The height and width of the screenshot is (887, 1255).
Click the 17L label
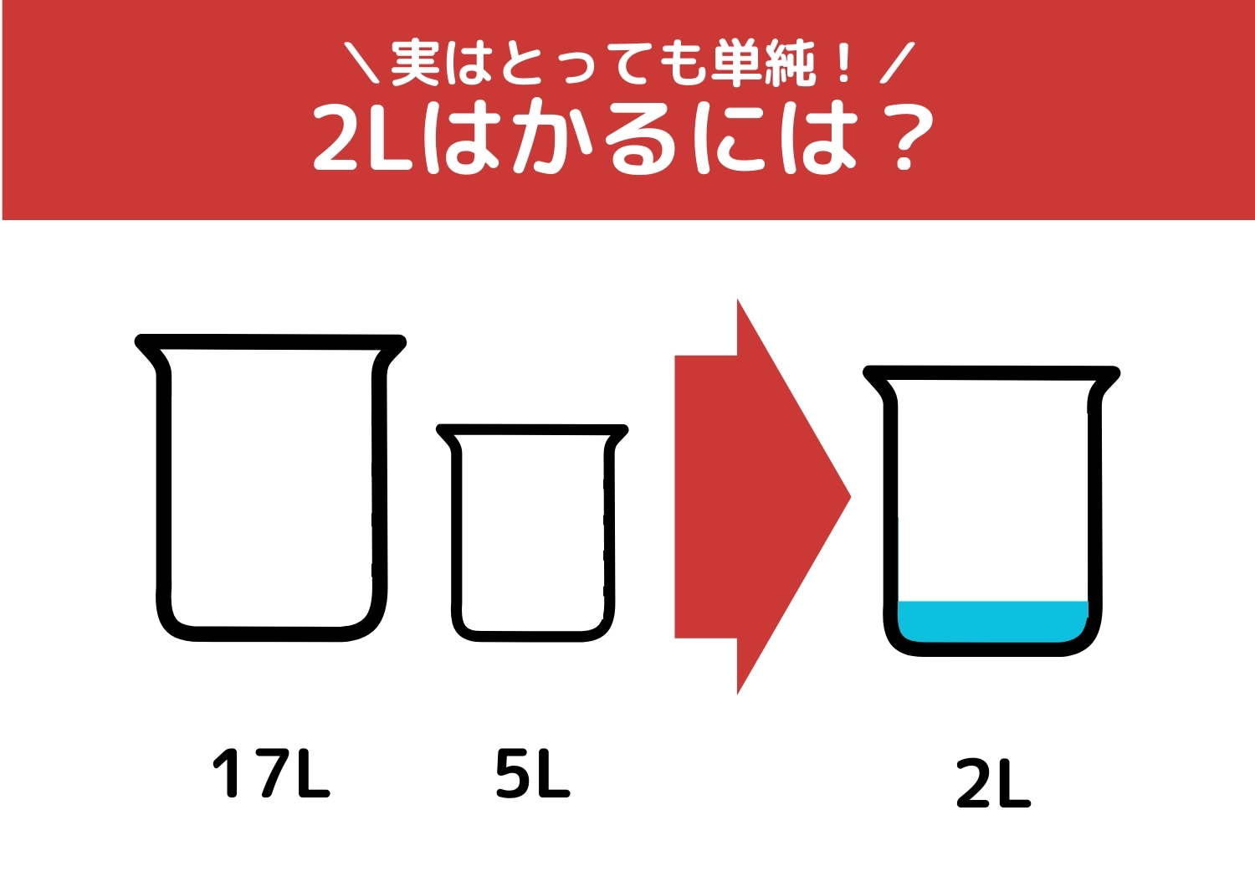pos(272,773)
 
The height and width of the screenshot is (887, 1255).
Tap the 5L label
pos(532,773)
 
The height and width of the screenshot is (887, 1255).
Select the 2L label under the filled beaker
pos(993,784)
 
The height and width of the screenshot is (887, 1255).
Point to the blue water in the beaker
pos(992,621)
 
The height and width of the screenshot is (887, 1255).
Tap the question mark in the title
pos(908,138)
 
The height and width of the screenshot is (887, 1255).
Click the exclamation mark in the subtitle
pos(843,64)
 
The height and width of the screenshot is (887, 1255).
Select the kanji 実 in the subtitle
pos(416,63)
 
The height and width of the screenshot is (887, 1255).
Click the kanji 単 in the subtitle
pos(736,63)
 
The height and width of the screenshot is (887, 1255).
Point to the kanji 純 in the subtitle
pos(789,63)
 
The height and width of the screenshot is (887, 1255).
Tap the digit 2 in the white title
pos(337,138)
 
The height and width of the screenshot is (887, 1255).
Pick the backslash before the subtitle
pos(361,63)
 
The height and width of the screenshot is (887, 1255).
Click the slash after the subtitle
pos(897,63)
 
